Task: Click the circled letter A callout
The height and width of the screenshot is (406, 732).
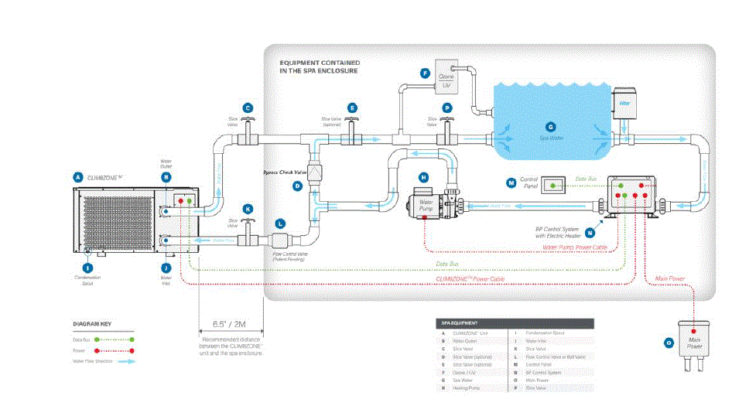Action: (77, 176)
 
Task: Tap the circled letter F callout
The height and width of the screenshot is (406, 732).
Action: (424, 73)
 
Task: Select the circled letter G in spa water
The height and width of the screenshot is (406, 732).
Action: (550, 126)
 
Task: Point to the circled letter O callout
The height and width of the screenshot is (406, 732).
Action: (669, 342)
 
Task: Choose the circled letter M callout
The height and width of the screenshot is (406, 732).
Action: (511, 183)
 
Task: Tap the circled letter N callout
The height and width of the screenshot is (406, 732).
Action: (590, 230)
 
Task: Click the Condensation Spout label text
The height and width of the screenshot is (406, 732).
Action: (87, 280)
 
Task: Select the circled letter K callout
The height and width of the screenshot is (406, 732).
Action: (247, 208)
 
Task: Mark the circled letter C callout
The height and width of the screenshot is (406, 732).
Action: (247, 108)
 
